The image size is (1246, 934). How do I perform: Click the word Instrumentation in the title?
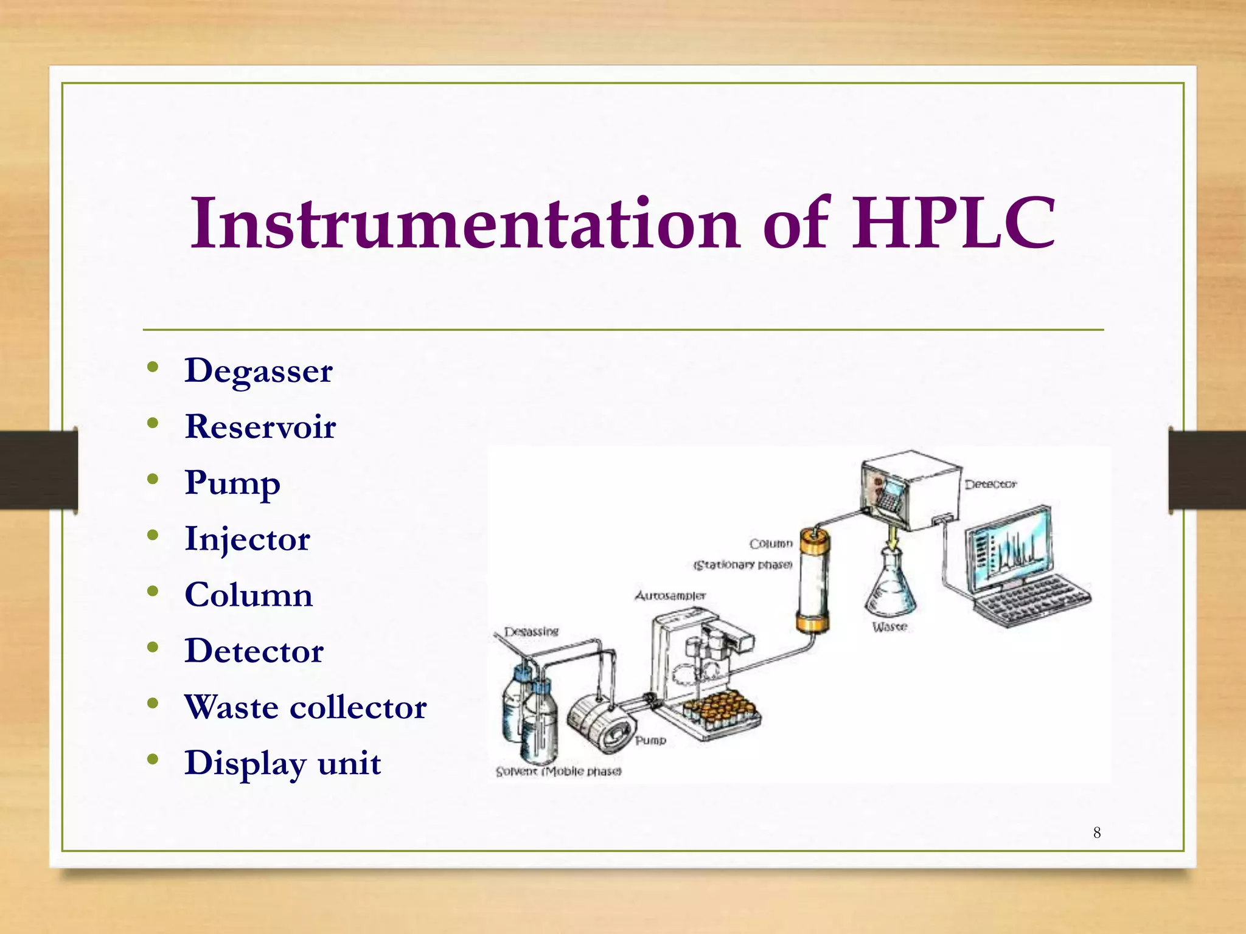tap(465, 223)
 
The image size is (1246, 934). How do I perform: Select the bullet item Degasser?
tap(259, 370)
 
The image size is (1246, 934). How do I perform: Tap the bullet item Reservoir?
tap(260, 426)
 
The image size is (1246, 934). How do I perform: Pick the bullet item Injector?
tap(247, 539)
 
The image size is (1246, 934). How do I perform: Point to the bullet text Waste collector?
tap(305, 707)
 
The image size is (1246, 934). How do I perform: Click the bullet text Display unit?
tap(283, 763)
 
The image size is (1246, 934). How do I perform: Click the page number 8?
tap(1096, 832)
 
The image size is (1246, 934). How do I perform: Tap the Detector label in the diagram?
tap(990, 485)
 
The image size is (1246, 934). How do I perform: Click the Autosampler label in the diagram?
tap(670, 595)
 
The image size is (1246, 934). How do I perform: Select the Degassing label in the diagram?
tap(531, 631)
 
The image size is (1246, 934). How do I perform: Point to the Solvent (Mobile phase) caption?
tap(559, 771)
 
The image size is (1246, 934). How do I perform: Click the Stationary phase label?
tap(743, 565)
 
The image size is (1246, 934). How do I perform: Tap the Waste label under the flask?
tap(889, 626)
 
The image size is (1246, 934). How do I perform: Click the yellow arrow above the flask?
tap(892, 536)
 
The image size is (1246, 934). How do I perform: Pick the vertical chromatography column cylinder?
tap(813, 581)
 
